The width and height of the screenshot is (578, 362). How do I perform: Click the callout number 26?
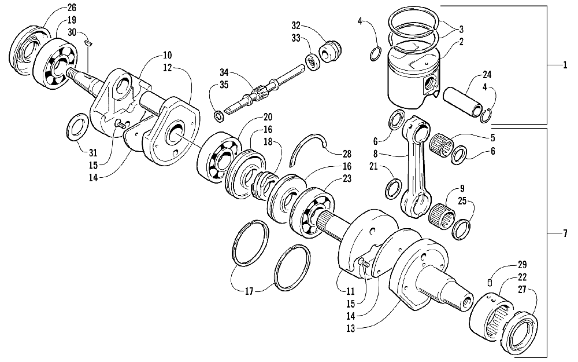tap(71, 8)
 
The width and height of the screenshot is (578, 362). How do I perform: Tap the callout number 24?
tap(487, 74)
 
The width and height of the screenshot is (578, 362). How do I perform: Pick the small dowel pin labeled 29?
tap(489, 282)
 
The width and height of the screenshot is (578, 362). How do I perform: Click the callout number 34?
tap(224, 72)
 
